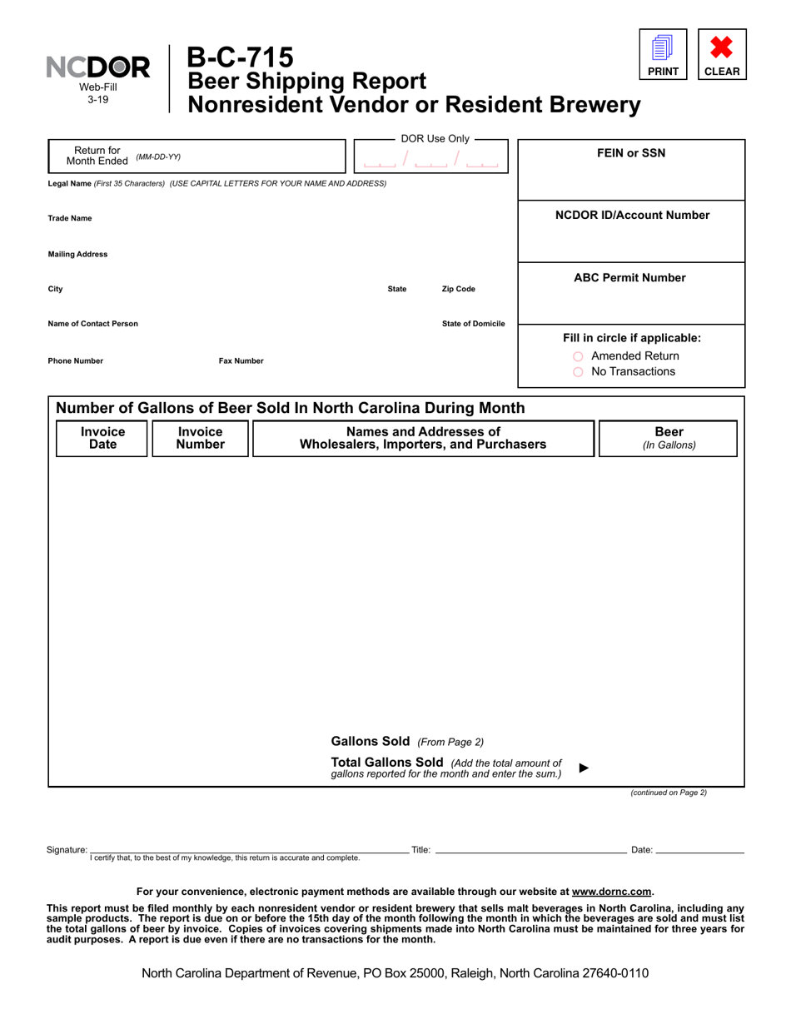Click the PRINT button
[663, 54]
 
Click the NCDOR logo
[97, 67]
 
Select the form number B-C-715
[240, 57]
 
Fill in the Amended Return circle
[578, 356]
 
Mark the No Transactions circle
[578, 372]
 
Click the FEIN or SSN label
[631, 153]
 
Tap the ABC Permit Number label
[629, 278]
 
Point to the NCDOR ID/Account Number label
[632, 216]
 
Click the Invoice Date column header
[102, 438]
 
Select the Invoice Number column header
[201, 438]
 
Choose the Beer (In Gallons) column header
[668, 438]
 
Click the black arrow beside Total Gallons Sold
[584, 768]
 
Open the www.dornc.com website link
[611, 891]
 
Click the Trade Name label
[70, 218]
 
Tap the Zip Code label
[458, 289]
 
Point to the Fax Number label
[241, 361]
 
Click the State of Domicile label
[473, 324]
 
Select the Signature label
[67, 850]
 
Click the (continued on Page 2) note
[669, 793]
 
